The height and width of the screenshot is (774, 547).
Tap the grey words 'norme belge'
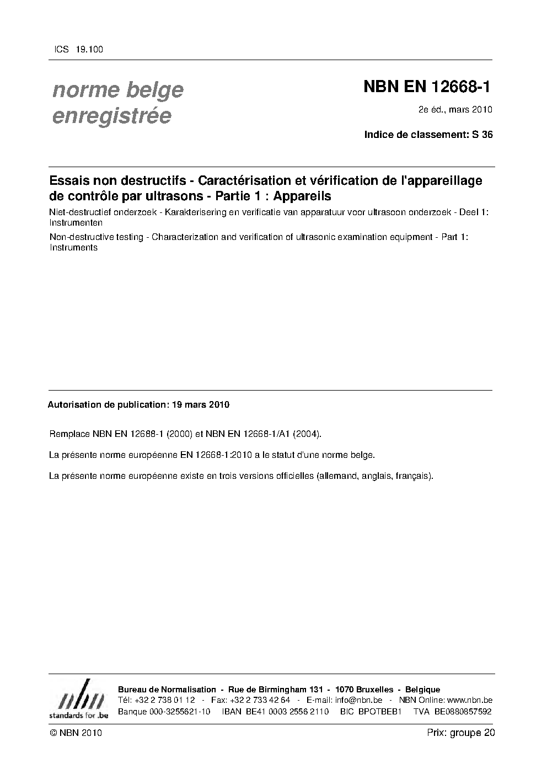pyautogui.click(x=117, y=89)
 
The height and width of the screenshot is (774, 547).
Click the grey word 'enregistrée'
pyautogui.click(x=111, y=116)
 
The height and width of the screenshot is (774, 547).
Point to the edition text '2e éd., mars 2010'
pyautogui.click(x=455, y=109)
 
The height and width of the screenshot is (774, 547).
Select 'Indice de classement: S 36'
pyautogui.click(x=428, y=134)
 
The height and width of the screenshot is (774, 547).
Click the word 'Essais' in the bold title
pyautogui.click(x=68, y=180)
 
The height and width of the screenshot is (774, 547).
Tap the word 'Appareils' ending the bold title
pyautogui.click(x=302, y=196)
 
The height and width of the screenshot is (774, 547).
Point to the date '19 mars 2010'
pyautogui.click(x=201, y=404)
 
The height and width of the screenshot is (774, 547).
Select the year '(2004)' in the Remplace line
pyautogui.click(x=307, y=434)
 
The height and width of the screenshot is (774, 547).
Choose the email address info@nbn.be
pyautogui.click(x=358, y=700)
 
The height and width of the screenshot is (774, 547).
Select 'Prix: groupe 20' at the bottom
pyautogui.click(x=460, y=733)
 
